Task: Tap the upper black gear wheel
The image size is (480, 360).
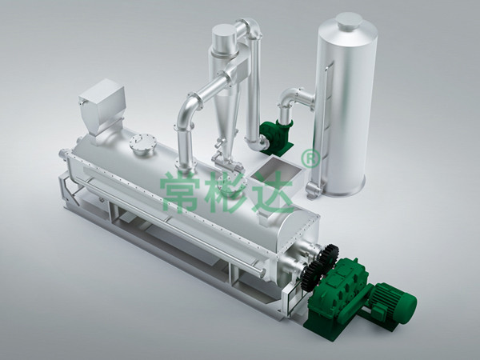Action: tap(327, 258)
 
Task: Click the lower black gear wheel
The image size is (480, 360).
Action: tap(312, 276)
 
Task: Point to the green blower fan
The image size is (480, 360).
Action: tap(275, 137)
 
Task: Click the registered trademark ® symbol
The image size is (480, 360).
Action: tap(310, 158)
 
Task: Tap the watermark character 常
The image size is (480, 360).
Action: tap(180, 192)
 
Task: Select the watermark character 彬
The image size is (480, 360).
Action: tap(225, 192)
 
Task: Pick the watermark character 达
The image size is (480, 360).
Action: tap(273, 192)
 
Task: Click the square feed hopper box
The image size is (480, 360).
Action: tap(102, 106)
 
